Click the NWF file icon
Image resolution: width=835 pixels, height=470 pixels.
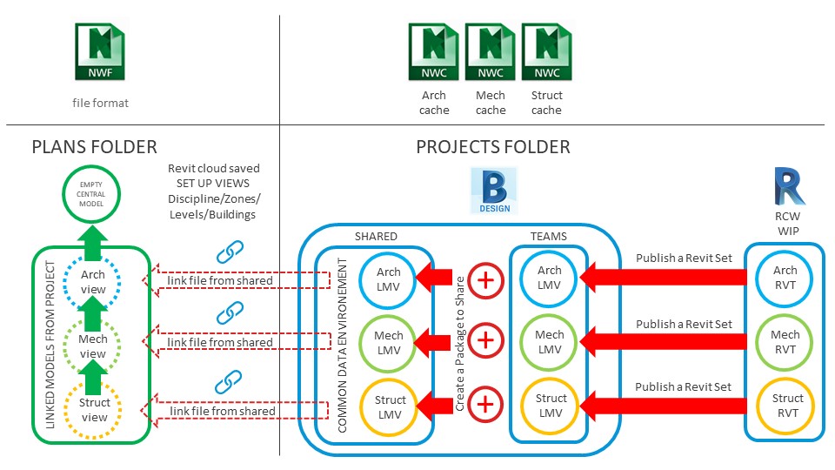pos(101,53)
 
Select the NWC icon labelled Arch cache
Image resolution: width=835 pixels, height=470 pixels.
pos(434,53)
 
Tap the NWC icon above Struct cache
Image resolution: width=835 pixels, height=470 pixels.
pos(546,53)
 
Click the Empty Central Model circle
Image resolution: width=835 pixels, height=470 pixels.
pos(93,192)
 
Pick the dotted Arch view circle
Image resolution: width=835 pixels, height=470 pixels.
pos(93,282)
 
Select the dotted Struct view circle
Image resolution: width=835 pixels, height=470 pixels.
pos(94,410)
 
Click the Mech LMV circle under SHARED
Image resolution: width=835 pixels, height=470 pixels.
pos(390,342)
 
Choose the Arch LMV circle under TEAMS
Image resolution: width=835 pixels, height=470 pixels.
pos(549,278)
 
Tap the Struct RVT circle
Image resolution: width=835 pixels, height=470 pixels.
pos(786,406)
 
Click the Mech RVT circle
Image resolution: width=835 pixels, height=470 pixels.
pos(786,341)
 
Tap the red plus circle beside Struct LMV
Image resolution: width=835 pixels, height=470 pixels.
pos(485,405)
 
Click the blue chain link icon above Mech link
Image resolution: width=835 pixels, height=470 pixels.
pos(228,312)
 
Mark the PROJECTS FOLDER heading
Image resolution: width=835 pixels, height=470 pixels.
pos(493,147)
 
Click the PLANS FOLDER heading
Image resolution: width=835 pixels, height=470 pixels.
pos(94,147)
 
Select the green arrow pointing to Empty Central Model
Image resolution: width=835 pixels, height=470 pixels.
pos(93,234)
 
